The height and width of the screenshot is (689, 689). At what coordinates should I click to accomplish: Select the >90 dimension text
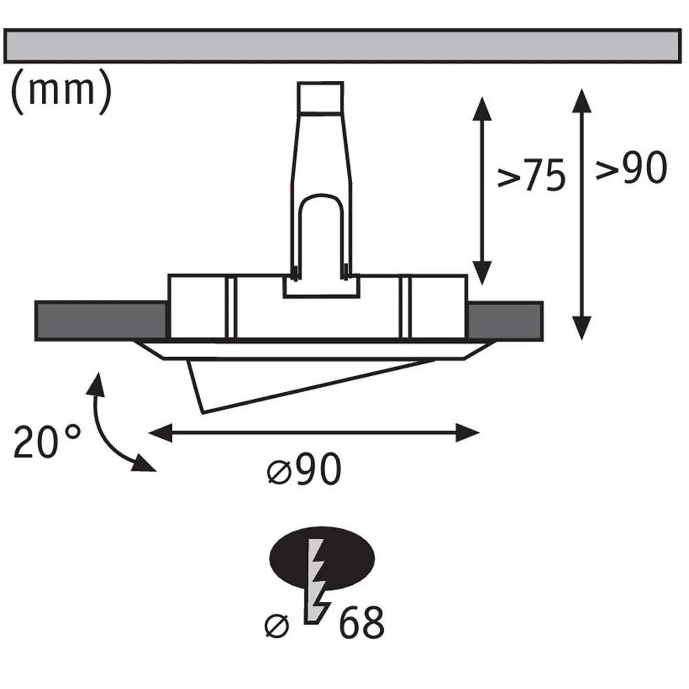coord(631,168)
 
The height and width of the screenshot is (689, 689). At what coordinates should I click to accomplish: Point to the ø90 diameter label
coord(304,469)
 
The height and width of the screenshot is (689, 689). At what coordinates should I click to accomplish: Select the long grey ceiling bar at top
coord(342,45)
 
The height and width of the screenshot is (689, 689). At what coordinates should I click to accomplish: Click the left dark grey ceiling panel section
coord(101,321)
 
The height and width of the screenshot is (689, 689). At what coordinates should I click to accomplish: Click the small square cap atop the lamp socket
coord(320,96)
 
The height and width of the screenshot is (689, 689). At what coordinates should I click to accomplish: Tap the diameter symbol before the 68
coord(277,625)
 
